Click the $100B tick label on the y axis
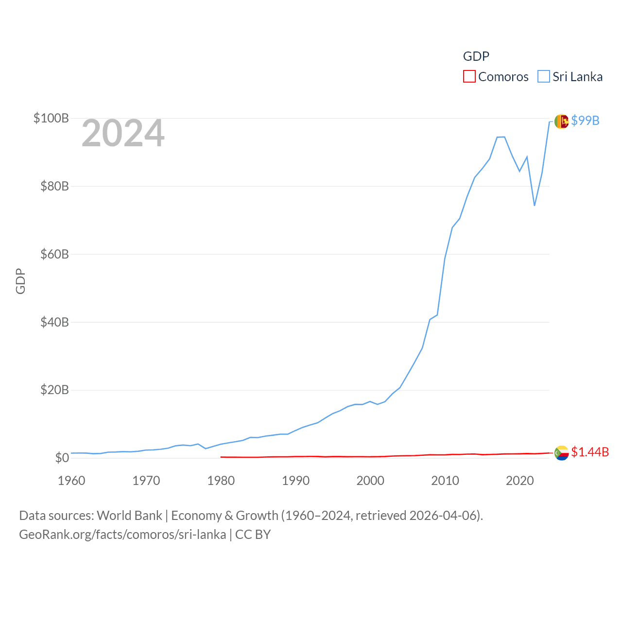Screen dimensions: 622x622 [51, 118]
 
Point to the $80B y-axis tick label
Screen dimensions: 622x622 [54, 186]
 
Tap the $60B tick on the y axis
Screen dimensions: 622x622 [54, 254]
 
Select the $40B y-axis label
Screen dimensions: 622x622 [54, 322]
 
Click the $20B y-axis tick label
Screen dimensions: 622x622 [54, 390]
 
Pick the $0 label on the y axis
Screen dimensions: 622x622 [62, 458]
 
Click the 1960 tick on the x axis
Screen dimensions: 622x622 [71, 481]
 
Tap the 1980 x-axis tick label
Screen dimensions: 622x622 [221, 481]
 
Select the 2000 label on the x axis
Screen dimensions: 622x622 [370, 481]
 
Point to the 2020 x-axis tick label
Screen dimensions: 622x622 [520, 481]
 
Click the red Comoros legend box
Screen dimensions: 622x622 [469, 76]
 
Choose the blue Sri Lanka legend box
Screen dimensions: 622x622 [543, 76]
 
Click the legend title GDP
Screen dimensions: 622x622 [476, 56]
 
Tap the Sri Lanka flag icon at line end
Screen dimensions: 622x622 [561, 121]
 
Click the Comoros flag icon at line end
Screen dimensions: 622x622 [561, 453]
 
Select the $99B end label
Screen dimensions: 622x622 [585, 121]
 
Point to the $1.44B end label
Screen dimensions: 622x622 [590, 452]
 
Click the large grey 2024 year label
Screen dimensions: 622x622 [123, 133]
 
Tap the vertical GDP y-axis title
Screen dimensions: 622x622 [20, 281]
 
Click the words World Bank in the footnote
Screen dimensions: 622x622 [129, 516]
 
